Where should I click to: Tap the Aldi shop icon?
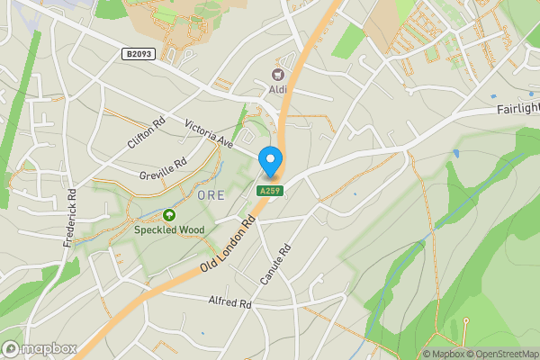point(277,74)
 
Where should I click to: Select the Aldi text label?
point(277,91)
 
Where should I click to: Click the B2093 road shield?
point(139,55)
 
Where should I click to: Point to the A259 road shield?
point(270,191)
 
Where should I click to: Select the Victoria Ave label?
point(209,131)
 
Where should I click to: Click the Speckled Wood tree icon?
point(169,215)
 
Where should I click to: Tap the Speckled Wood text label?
point(169,230)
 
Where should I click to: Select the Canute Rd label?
point(276,265)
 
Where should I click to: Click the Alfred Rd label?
point(229,303)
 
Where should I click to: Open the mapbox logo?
point(40,348)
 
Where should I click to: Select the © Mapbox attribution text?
point(443,354)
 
